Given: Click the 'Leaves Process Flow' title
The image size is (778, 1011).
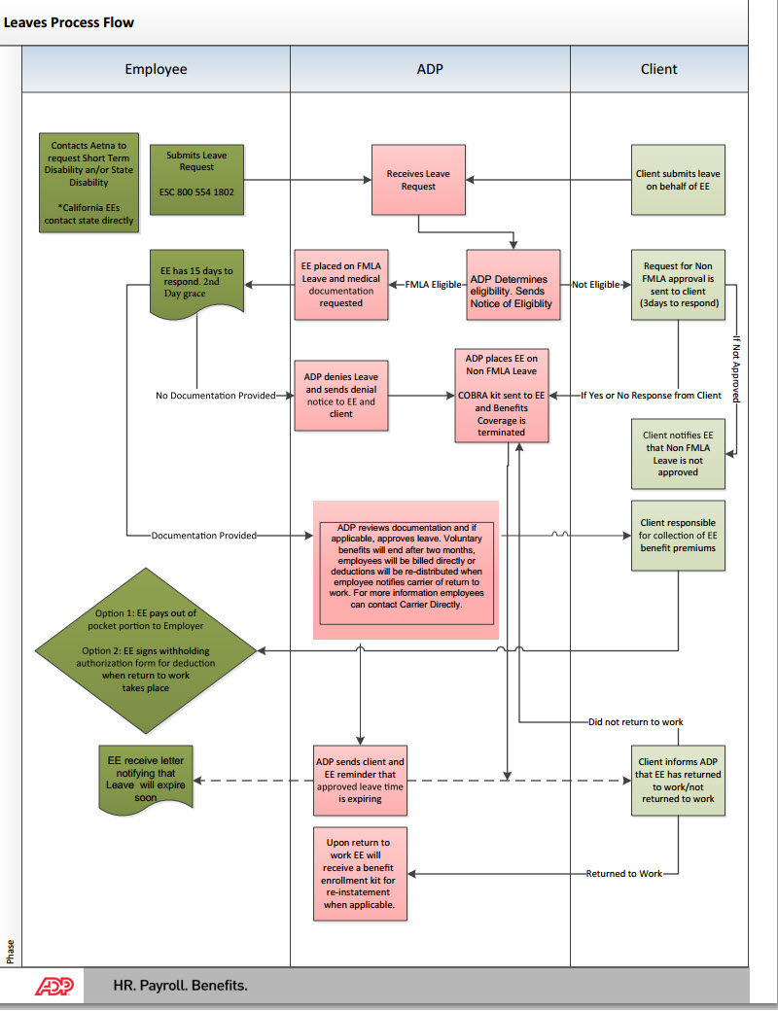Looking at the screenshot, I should click(69, 21).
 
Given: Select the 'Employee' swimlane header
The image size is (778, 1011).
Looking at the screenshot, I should click(156, 69).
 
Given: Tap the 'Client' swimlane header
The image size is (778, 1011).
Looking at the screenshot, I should click(658, 69).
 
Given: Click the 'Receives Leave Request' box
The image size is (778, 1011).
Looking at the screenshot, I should click(418, 180).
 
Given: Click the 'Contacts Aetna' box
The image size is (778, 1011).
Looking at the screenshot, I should click(88, 182).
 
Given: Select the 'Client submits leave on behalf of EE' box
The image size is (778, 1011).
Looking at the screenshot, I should click(678, 180).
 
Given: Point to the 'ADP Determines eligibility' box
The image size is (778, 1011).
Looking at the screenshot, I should click(514, 285).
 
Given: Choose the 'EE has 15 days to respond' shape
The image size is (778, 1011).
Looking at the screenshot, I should click(196, 282).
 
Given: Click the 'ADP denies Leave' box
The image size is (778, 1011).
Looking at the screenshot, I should click(340, 396).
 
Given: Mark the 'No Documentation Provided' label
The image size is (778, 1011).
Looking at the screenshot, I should click(215, 396).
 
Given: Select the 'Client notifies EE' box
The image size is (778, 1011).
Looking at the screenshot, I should click(678, 453).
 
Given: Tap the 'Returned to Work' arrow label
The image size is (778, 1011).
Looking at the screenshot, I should click(623, 874).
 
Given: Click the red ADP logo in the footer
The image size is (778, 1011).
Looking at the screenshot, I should click(60, 986).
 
